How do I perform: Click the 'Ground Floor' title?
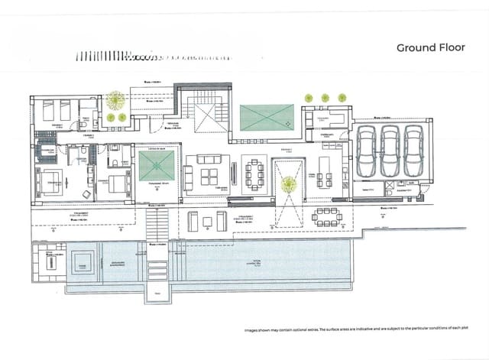431,47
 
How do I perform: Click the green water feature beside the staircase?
267,118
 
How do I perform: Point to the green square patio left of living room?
157,166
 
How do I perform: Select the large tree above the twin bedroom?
116,99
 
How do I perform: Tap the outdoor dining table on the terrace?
327,217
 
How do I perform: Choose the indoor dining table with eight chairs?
254,172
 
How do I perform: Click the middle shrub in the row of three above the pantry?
325,98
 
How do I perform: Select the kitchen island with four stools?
325,174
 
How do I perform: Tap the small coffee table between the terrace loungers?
207,222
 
